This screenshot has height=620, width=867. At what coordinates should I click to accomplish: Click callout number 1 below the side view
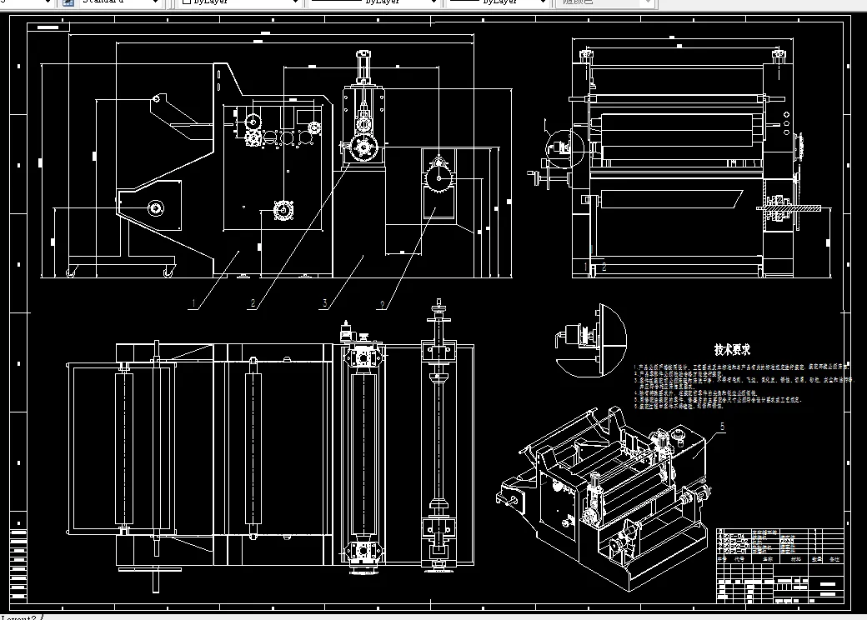(193, 303)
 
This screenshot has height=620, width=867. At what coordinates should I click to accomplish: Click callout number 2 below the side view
(252, 303)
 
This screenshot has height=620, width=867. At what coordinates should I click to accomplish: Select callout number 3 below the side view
(324, 303)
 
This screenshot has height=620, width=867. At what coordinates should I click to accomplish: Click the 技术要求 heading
(732, 350)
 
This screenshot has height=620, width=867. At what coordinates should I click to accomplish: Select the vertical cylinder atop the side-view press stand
(363, 67)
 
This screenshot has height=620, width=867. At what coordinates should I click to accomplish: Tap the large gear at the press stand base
(363, 149)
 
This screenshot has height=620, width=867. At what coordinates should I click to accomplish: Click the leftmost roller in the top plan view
(124, 450)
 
